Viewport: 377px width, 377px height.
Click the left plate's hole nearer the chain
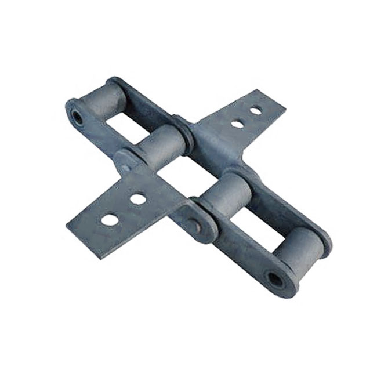pos(137,199)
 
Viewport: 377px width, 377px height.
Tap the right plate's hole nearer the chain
pos(236,124)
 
